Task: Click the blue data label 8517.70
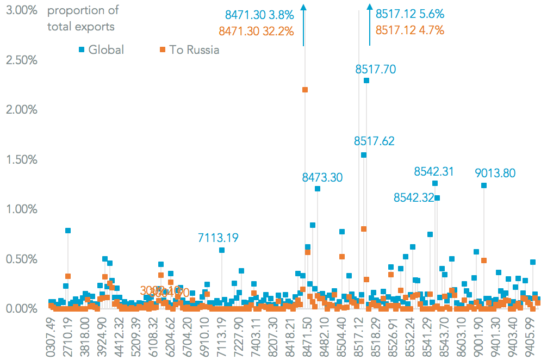pyautogui.click(x=376, y=69)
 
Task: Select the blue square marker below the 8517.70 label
pyautogui.click(x=366, y=80)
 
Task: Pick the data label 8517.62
pyautogui.click(x=374, y=141)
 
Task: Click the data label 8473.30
pyautogui.click(x=322, y=177)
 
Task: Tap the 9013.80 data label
pyautogui.click(x=495, y=173)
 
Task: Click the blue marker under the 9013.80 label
pyautogui.click(x=484, y=185)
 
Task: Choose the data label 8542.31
pyautogui.click(x=434, y=172)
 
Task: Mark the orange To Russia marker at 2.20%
pyautogui.click(x=305, y=90)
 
